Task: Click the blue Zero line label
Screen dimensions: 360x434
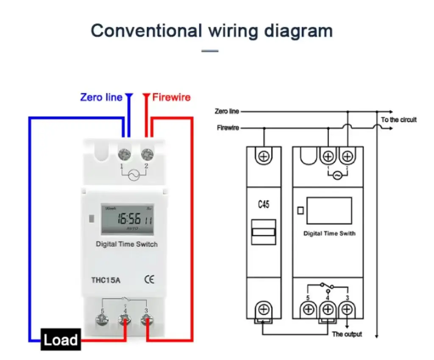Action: tap(101, 98)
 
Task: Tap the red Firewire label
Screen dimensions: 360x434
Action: tap(171, 98)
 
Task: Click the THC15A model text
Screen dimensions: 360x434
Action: tap(106, 279)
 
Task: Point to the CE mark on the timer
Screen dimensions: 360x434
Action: tap(149, 279)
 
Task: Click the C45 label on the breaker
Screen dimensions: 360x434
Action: tap(264, 205)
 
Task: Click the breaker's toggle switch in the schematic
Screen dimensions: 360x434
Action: tap(264, 232)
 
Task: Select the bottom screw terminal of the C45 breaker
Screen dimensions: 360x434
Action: tap(264, 309)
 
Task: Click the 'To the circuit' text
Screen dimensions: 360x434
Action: tap(398, 120)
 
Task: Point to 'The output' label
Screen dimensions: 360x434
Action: tap(347, 334)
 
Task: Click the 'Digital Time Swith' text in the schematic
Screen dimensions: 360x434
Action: tap(329, 233)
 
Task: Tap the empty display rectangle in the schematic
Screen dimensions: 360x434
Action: tap(329, 210)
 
